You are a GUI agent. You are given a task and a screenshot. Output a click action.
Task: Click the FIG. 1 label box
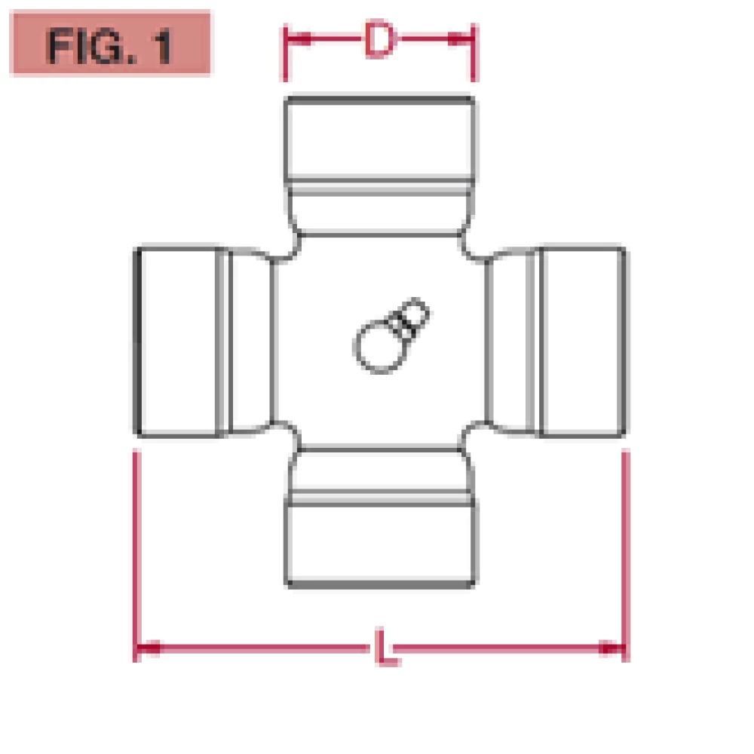[111, 43]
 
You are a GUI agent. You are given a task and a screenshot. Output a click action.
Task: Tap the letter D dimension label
[380, 38]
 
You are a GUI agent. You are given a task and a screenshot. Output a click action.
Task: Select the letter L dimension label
[386, 647]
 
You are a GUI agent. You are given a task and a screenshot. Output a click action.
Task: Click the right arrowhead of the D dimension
[459, 39]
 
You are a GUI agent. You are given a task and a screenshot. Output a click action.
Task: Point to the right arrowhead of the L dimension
[611, 648]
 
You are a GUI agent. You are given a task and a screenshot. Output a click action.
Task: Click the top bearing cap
[380, 139]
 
